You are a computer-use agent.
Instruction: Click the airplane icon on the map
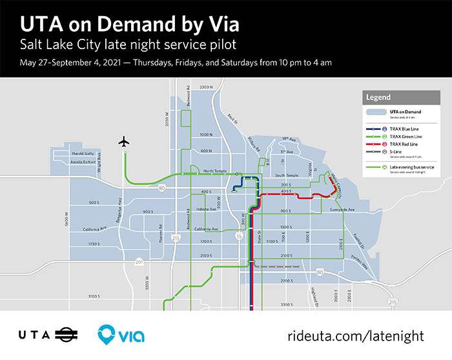click(x=124, y=142)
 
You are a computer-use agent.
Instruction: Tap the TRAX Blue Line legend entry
click(x=400, y=129)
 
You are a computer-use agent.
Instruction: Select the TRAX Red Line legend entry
click(x=400, y=144)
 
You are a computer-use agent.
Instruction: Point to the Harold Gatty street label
click(x=83, y=153)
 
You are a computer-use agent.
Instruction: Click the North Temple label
click(x=216, y=171)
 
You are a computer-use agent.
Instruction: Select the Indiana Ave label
click(x=206, y=209)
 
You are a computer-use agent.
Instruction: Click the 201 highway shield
click(x=139, y=262)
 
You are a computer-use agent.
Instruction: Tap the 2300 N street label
click(x=206, y=87)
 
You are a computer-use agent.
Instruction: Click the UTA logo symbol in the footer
click(x=65, y=335)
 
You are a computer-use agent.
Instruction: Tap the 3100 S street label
click(x=94, y=297)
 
